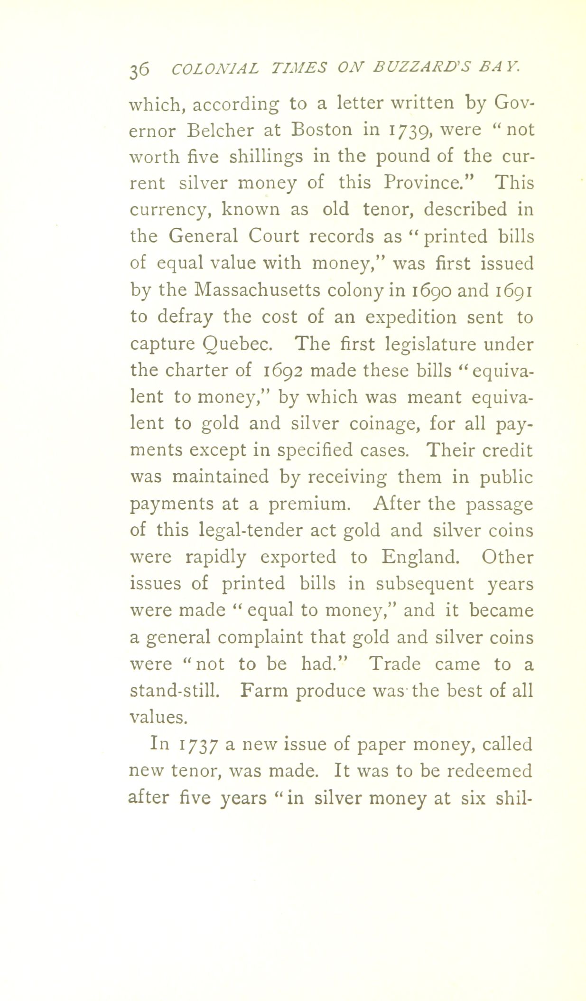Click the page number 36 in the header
click(139, 69)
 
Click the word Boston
click(322, 130)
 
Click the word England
click(419, 556)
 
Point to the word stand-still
click(174, 690)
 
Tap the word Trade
click(394, 664)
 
